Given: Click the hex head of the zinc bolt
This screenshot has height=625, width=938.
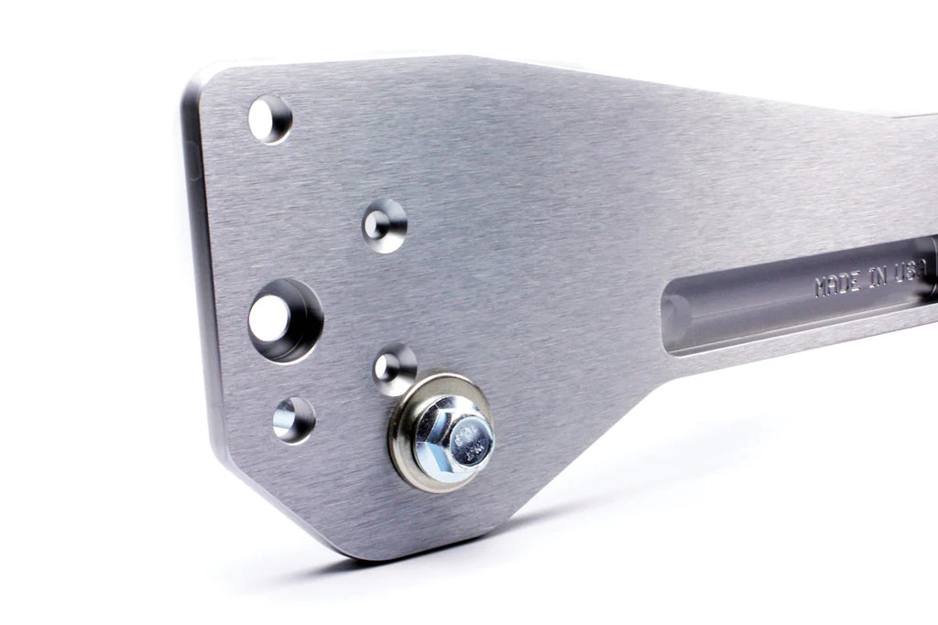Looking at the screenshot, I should [451, 437].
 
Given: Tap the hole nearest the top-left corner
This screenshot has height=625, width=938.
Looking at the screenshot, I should [269, 119].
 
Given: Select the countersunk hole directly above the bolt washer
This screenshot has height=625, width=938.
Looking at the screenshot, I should [395, 369].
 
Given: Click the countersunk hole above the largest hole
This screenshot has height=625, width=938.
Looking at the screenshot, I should [385, 225].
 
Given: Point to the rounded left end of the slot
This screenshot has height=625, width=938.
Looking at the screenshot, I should [676, 316].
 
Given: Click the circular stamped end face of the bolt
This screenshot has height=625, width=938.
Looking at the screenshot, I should [471, 440].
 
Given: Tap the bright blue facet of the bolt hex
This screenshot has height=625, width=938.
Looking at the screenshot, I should [431, 448].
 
